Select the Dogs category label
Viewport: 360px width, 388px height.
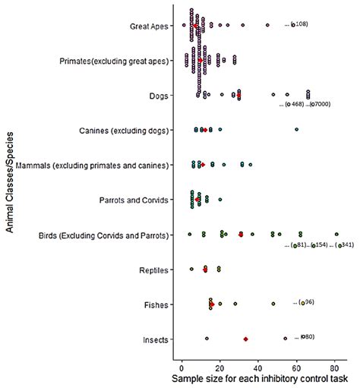(159, 96)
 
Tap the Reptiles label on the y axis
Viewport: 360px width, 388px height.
(155, 270)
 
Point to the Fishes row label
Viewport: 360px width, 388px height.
(157, 304)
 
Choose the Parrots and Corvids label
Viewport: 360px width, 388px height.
(137, 200)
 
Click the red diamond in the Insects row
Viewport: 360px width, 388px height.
(245, 339)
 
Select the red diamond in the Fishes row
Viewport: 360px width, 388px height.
(212, 304)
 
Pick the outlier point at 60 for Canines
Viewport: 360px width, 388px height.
(296, 130)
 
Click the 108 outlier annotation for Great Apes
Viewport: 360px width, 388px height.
(299, 25)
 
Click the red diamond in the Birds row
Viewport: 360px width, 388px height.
(241, 235)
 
